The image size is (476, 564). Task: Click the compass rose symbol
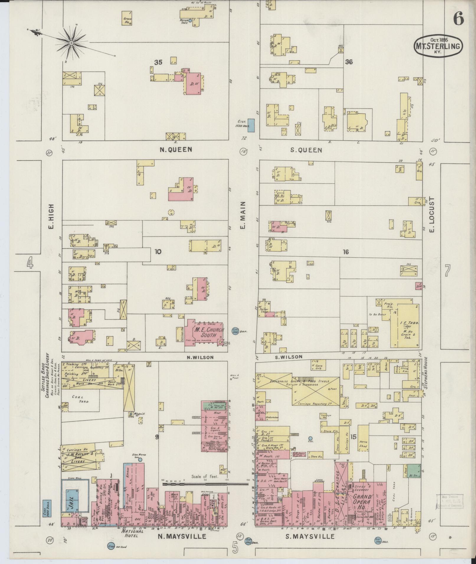(71, 43)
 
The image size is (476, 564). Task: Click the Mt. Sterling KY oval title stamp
(438, 46)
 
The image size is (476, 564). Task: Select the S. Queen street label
(306, 150)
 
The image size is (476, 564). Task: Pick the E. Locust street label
(433, 215)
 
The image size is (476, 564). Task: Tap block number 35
(158, 62)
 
